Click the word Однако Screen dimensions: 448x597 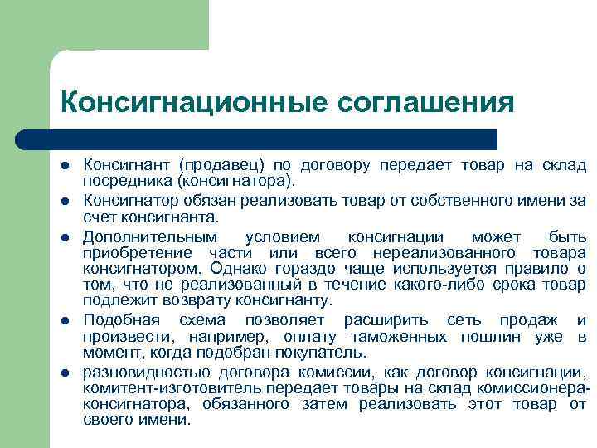pos(236,269)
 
